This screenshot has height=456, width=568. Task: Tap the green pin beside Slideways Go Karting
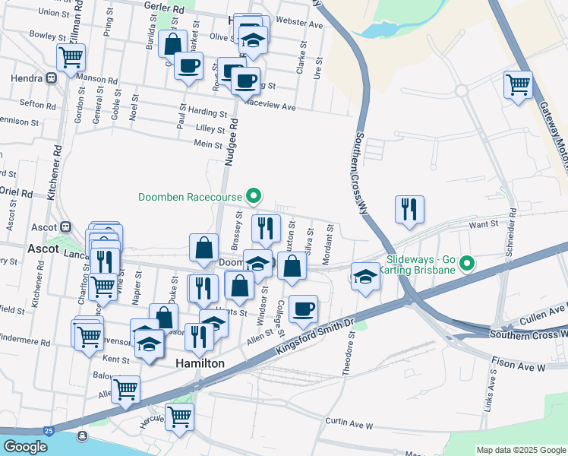(468, 264)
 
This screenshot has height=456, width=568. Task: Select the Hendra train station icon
(51, 78)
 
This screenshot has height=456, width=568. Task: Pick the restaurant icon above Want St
(409, 208)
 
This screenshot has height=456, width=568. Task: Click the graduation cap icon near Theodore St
(365, 277)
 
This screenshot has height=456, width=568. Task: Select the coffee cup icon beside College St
(303, 308)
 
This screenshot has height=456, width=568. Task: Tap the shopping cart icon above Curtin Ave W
(179, 416)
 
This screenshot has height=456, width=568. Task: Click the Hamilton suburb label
(200, 364)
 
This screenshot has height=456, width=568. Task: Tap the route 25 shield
(49, 431)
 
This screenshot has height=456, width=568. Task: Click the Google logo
(25, 447)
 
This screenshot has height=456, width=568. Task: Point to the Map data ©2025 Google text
(520, 450)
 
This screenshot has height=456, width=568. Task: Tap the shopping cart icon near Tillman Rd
(71, 56)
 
